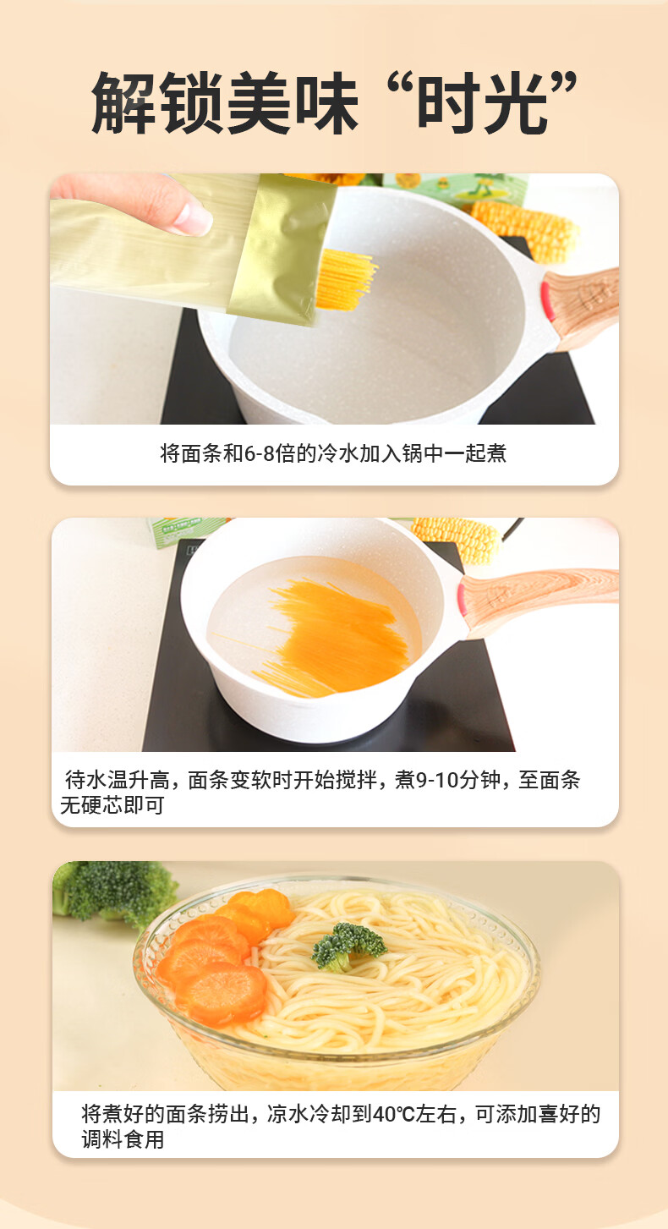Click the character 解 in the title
click(124, 102)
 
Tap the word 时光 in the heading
click(483, 102)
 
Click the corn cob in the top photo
click(523, 230)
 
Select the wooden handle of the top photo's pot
click(581, 307)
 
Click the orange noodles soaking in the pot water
click(335, 636)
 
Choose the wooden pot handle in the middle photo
click(539, 601)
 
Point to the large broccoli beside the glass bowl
click(115, 892)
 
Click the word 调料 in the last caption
click(102, 1139)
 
